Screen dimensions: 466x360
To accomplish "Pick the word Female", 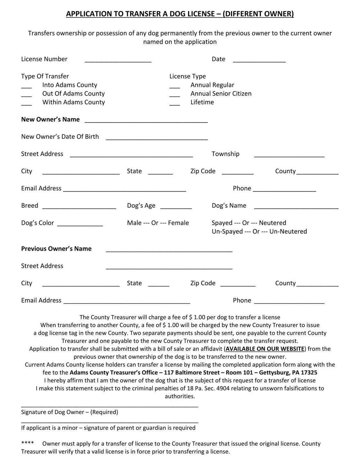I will point(178,223).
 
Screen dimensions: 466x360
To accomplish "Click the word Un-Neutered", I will point(288,232).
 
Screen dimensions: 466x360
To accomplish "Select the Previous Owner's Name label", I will point(56,249).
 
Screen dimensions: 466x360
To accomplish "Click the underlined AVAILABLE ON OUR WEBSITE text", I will point(265,349).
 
